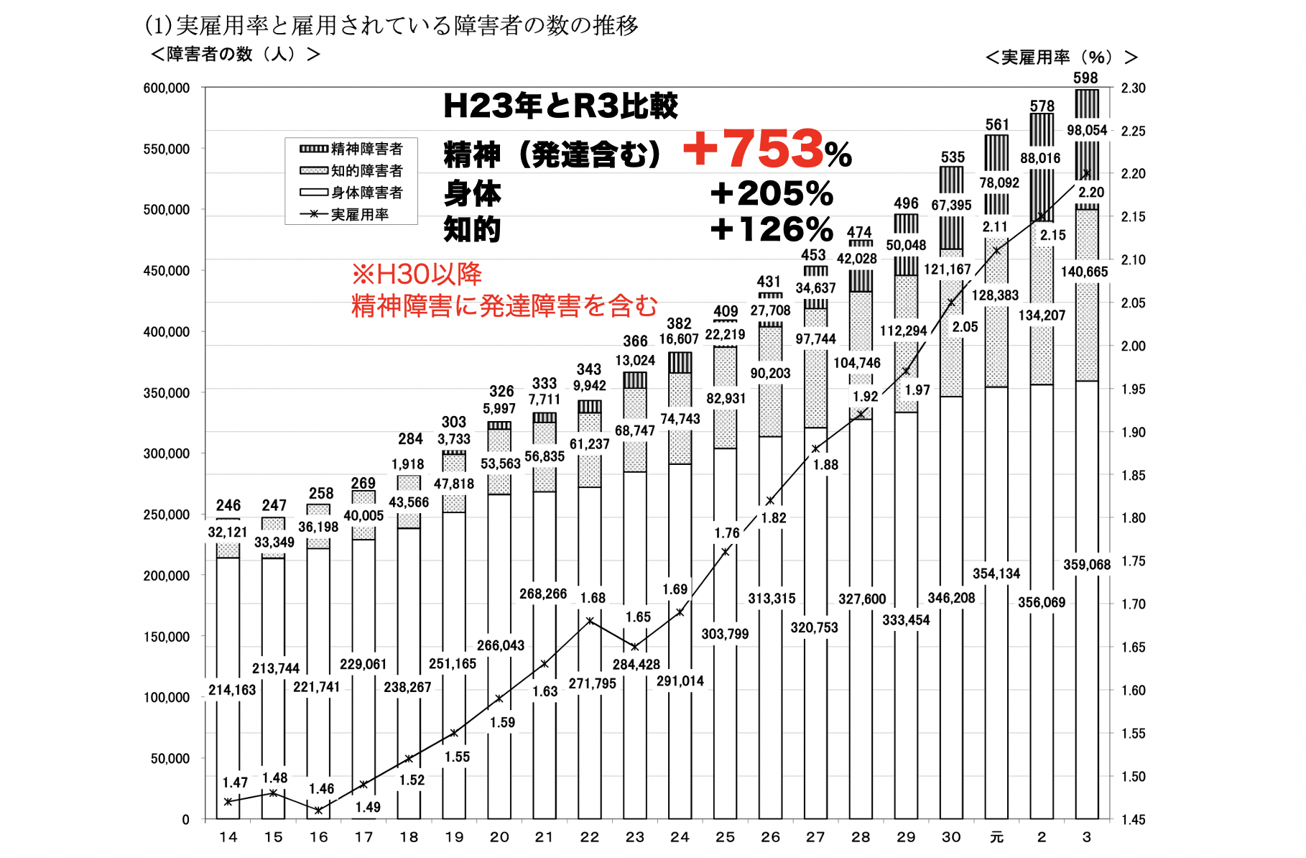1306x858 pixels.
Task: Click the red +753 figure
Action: pyautogui.click(x=754, y=149)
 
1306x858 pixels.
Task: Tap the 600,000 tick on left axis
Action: pyautogui.click(x=167, y=88)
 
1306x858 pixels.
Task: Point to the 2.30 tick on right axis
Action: pyautogui.click(x=1133, y=88)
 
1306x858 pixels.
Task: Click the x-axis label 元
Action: pyautogui.click(x=996, y=837)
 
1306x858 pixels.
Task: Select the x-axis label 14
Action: pyautogui.click(x=228, y=837)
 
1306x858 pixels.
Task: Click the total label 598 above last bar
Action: pyautogui.click(x=1085, y=78)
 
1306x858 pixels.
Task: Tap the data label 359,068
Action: pyautogui.click(x=1087, y=565)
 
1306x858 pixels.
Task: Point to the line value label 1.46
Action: pyautogui.click(x=321, y=789)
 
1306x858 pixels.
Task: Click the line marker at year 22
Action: pyautogui.click(x=590, y=621)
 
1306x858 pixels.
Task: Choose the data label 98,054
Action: pyautogui.click(x=1087, y=130)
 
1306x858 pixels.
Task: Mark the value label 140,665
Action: pyautogui.click(x=1084, y=272)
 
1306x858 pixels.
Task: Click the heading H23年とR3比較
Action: pyautogui.click(x=560, y=106)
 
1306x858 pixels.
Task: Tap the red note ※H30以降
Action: pyautogui.click(x=417, y=274)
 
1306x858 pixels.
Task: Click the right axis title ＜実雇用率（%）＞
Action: pyautogui.click(x=1061, y=57)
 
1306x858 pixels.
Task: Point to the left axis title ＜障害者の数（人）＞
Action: pyautogui.click(x=236, y=55)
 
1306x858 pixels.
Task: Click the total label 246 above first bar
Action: pyautogui.click(x=228, y=505)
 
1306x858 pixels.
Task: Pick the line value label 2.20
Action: pyautogui.click(x=1090, y=192)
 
